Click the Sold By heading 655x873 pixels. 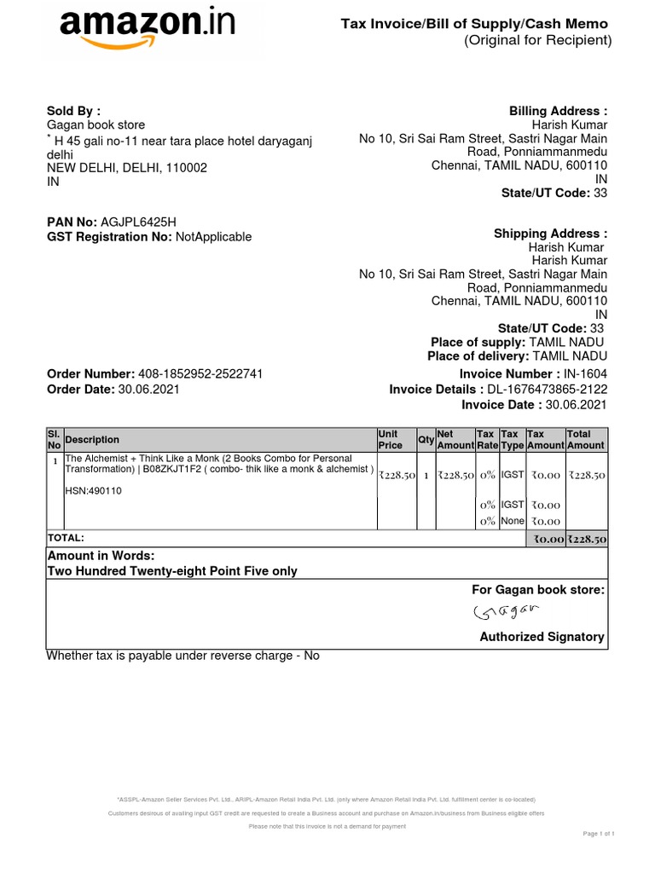pos(73,111)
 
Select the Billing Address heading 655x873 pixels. pos(558,112)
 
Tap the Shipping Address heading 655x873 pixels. pos(550,234)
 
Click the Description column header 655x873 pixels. pos(92,440)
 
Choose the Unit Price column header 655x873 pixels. pos(391,440)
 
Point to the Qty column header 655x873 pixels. pos(426,440)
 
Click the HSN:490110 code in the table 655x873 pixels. pos(94,490)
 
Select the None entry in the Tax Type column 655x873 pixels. pos(513,521)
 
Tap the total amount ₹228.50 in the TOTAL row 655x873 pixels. pos(587,539)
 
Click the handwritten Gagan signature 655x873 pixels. pos(507,612)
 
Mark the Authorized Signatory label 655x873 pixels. pos(542,637)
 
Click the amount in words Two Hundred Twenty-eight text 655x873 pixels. pos(171,571)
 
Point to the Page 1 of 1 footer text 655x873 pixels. pos(599,833)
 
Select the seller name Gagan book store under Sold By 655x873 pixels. pos(96,125)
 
